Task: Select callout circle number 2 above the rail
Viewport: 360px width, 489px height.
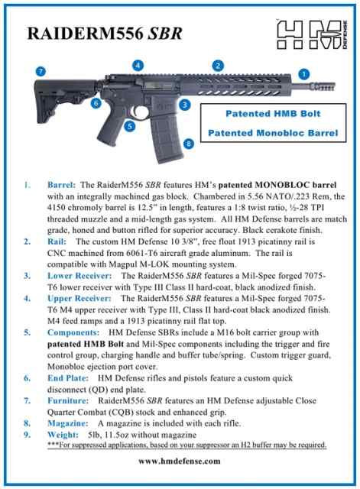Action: [x=218, y=66]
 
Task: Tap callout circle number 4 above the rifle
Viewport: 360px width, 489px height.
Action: [x=138, y=66]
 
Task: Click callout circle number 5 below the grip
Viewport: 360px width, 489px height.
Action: [x=130, y=125]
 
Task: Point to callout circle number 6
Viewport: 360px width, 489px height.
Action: [x=97, y=102]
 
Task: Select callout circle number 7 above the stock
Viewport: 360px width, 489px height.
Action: [x=41, y=71]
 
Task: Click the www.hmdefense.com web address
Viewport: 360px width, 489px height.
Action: [x=180, y=461]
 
